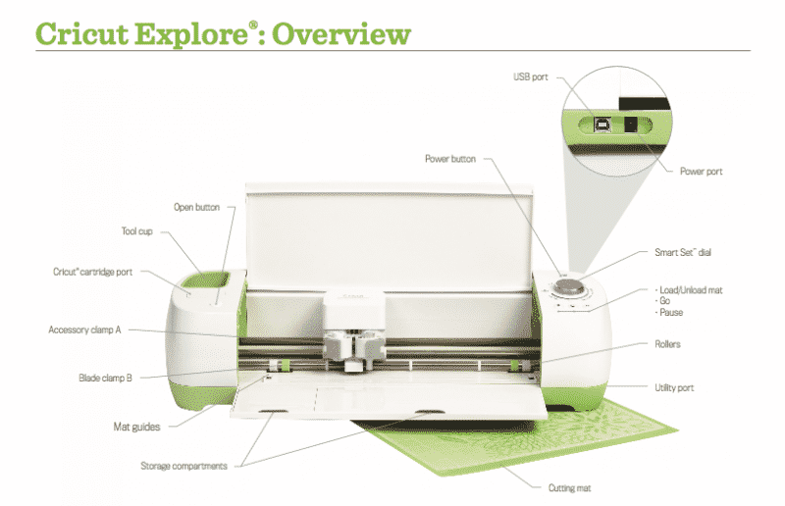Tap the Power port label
[x=701, y=171]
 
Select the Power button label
[x=450, y=158]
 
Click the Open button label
[x=196, y=207]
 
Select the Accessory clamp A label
[x=84, y=329]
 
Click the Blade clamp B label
[x=105, y=377]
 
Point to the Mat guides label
[x=136, y=427]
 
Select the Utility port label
[x=674, y=388]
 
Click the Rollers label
[x=667, y=344]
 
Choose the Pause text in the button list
[x=672, y=313]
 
